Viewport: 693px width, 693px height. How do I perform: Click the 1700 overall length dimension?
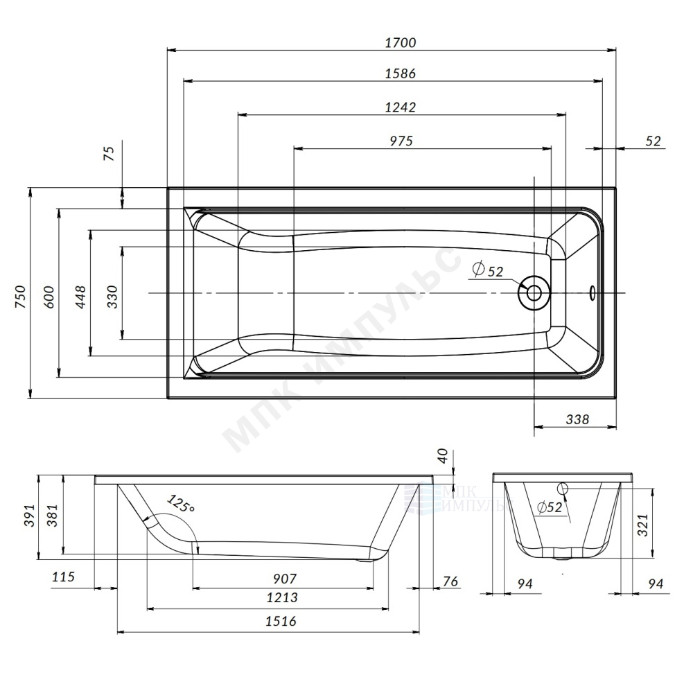pos(401,42)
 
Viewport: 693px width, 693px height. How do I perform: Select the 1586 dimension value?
pos(401,73)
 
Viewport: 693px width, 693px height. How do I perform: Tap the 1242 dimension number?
pos(401,107)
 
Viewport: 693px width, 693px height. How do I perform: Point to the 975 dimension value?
pos(401,141)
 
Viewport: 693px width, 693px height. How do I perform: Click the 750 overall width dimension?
pos(21,297)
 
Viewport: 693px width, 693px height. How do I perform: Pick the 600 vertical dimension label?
pos(49,297)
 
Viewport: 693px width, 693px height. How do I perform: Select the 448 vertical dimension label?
pos(80,297)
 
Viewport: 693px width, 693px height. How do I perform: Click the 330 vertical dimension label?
pos(113,297)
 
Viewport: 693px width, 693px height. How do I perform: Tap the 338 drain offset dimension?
pos(577,419)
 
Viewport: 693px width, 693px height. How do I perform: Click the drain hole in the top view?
pos(534,292)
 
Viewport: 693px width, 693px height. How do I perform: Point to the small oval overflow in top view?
pos(593,292)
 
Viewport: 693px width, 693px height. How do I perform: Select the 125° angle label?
pos(180,503)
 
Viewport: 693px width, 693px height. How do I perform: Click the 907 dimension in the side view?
pos(284,578)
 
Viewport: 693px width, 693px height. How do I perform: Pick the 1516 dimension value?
pos(281,621)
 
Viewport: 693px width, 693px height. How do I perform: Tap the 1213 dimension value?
pos(282,597)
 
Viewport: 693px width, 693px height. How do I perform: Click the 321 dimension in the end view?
pos(642,525)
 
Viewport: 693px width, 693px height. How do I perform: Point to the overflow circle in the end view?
pos(563,489)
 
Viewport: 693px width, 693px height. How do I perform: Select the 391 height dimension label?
pos(28,516)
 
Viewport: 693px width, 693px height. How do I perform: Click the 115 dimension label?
pos(63,577)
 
